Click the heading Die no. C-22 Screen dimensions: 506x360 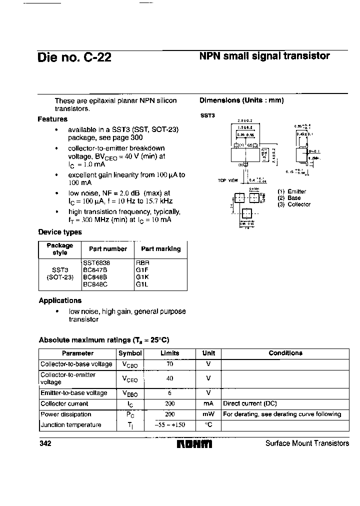(74, 57)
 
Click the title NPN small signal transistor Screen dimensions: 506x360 (264, 56)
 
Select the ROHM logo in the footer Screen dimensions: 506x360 (194, 444)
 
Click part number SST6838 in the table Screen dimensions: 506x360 (96, 262)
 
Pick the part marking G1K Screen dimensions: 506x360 (142, 276)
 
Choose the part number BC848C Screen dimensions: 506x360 (95, 284)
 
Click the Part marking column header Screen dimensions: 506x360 (160, 249)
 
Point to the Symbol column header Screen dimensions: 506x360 (130, 353)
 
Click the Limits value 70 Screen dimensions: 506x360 (170, 364)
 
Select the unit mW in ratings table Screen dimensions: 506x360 (208, 414)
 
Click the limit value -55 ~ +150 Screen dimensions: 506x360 (170, 425)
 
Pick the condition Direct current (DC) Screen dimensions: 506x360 (249, 403)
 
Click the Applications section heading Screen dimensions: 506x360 (60, 300)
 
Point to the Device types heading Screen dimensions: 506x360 (60, 232)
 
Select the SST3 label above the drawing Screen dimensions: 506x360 (208, 115)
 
